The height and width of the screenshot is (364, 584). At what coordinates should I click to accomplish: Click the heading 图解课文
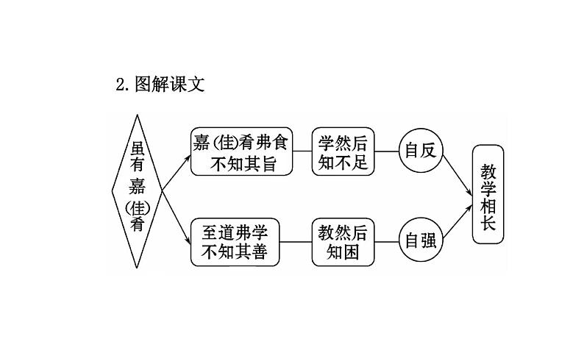click(x=169, y=85)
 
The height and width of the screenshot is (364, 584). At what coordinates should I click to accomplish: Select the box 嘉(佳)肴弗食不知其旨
click(x=242, y=152)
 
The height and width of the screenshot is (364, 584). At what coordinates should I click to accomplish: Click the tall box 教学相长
click(x=489, y=194)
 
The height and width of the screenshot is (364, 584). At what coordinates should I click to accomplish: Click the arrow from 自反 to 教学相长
click(x=456, y=173)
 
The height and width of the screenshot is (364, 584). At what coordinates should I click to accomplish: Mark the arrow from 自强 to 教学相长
click(x=456, y=220)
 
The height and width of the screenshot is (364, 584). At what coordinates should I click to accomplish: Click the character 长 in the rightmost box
click(x=489, y=223)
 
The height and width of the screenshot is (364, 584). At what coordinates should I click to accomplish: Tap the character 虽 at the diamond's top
click(x=138, y=146)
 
